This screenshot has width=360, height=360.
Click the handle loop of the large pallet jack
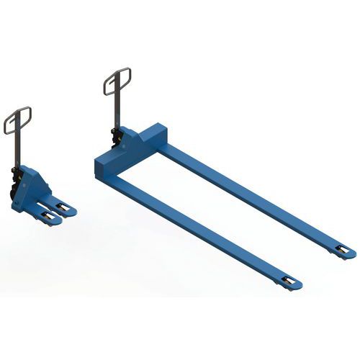pos(117,81)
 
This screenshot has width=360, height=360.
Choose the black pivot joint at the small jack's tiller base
pos(14,173)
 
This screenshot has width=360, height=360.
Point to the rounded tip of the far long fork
pos(351,254)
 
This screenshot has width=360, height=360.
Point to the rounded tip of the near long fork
pos(298,285)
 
